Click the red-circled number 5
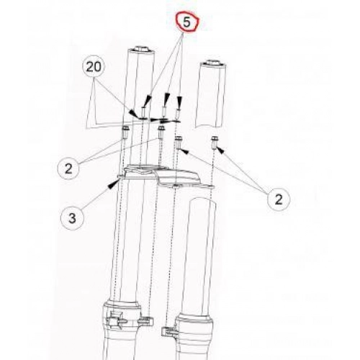186,22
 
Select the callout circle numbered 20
94,67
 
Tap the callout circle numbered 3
72,218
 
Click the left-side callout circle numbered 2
68,168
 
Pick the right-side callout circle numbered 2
279,199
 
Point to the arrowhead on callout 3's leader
113,184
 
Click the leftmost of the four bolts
125,132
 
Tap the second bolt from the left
161,132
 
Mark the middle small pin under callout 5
164,112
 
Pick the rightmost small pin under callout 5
178,113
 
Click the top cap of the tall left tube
141,49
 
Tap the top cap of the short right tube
213,63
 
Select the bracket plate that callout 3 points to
166,176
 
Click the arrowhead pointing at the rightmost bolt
220,150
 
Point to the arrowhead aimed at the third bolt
184,151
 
